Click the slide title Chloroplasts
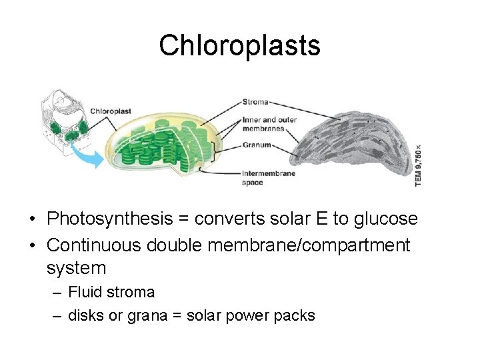239,45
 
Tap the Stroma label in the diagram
256,102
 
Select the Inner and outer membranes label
265,125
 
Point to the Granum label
257,145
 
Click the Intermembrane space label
269,177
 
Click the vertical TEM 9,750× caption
419,165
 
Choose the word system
77,268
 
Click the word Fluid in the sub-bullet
83,292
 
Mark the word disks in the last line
86,315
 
